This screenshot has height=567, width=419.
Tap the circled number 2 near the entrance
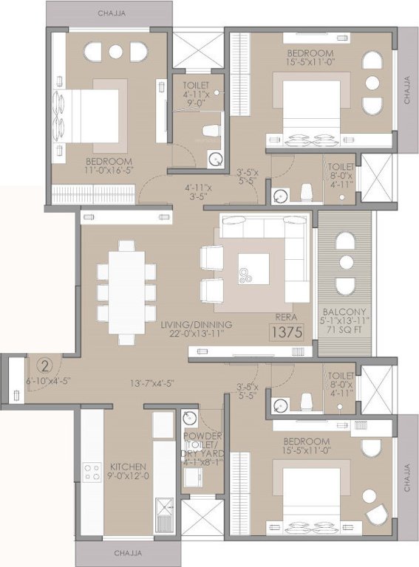coord(44,365)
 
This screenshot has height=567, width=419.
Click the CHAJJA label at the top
coord(110,13)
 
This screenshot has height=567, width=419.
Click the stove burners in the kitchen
coord(92,472)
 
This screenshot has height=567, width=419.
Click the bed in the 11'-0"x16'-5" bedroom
coord(89,117)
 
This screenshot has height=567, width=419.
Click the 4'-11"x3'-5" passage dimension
coord(198,193)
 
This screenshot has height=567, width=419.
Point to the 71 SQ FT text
coord(345,332)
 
